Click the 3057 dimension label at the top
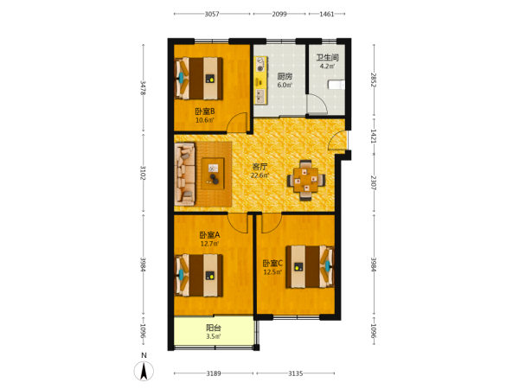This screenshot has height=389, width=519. pos(212,14)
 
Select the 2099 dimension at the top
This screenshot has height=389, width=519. pos(279,14)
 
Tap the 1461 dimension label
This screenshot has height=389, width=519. pos(327,14)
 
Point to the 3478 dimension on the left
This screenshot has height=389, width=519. pos(144,87)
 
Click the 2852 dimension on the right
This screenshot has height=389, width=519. pos(374,80)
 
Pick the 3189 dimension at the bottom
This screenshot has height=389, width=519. pos(214,373)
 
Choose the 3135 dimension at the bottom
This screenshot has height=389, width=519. pos(295,373)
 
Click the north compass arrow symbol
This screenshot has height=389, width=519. pos(144,371)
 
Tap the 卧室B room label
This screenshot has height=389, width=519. pos(205,112)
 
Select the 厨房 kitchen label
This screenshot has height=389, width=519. pos(285,76)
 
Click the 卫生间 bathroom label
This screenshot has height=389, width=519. pos(327,57)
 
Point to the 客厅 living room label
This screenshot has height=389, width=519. pos(259,167)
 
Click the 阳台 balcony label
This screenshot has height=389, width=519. pos(214,328)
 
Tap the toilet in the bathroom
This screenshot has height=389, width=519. pos(336,85)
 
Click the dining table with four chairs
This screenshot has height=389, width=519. pos(306,181)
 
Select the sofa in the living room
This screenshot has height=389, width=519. pos(185,174)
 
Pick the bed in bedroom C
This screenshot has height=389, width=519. pos(311,266)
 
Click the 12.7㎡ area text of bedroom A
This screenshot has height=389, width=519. pos(209,244)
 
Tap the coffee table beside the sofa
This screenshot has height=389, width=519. pos(213,174)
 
